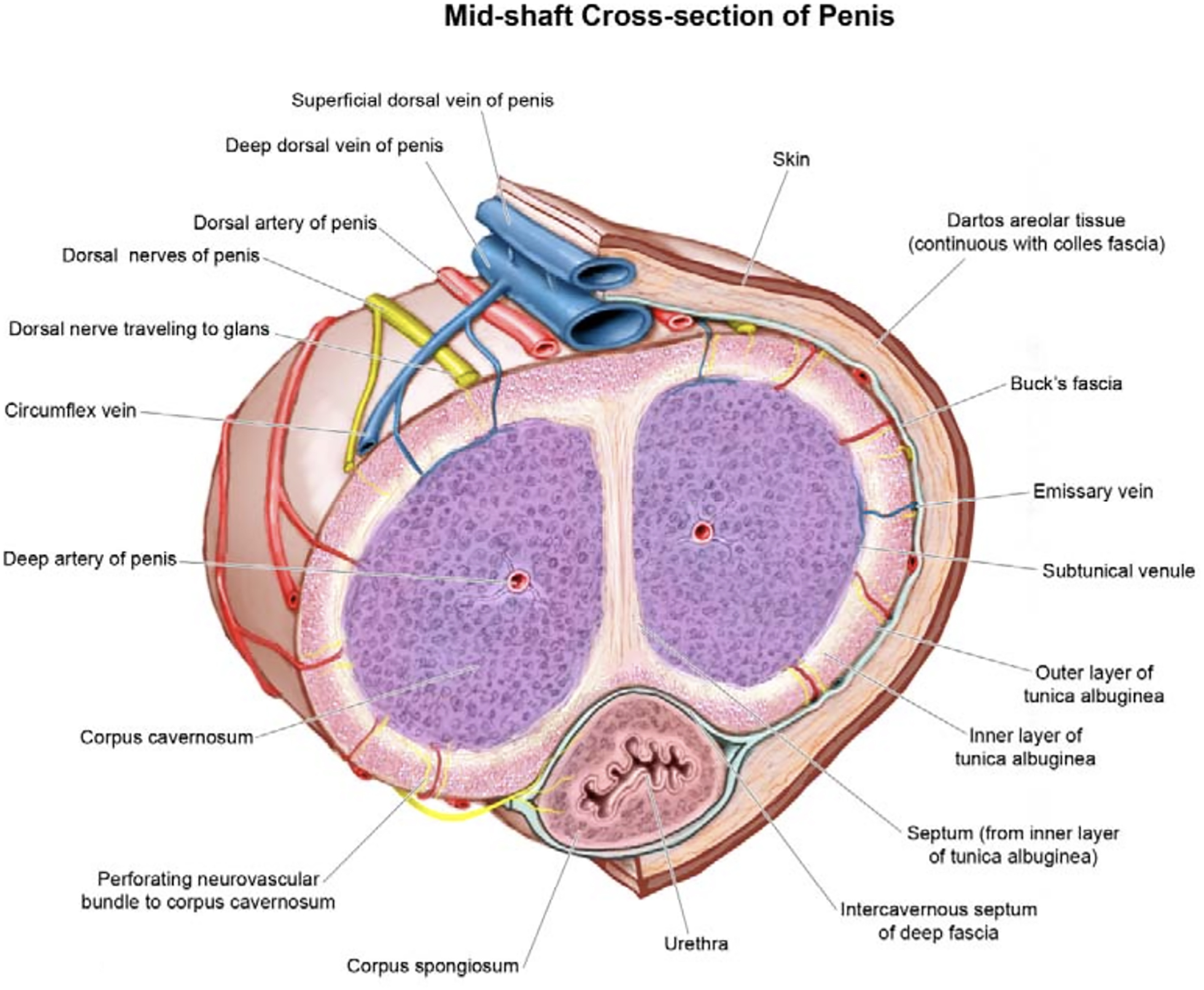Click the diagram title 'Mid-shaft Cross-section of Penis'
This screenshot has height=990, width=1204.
click(x=669, y=16)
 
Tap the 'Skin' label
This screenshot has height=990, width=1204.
click(x=791, y=159)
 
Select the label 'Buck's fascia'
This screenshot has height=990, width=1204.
click(x=1066, y=383)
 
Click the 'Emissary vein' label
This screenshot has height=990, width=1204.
click(x=1093, y=491)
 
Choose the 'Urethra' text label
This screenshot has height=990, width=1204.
click(x=696, y=944)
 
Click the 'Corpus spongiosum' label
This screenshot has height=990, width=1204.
click(x=433, y=966)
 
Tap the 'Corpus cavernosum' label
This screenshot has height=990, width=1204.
click(x=166, y=738)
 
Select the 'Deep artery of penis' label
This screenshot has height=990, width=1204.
click(x=89, y=559)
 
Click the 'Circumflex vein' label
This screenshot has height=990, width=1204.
click(x=70, y=411)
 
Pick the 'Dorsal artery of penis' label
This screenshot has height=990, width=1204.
click(x=285, y=222)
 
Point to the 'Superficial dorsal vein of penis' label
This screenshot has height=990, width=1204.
click(x=422, y=100)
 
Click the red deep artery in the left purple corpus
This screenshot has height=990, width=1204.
click(x=518, y=580)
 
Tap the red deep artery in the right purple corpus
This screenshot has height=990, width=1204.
click(x=702, y=532)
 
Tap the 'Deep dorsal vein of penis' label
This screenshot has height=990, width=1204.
click(x=334, y=145)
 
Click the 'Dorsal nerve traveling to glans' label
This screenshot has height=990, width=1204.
click(x=138, y=329)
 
